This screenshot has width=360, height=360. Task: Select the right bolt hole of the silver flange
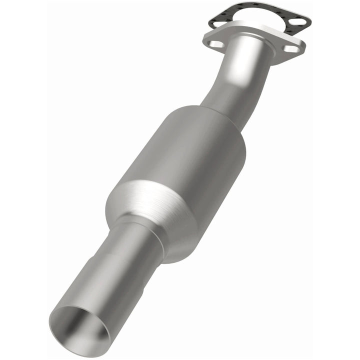(291, 48)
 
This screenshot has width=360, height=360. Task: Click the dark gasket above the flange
(235, 11)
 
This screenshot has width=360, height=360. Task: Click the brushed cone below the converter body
(150, 200)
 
